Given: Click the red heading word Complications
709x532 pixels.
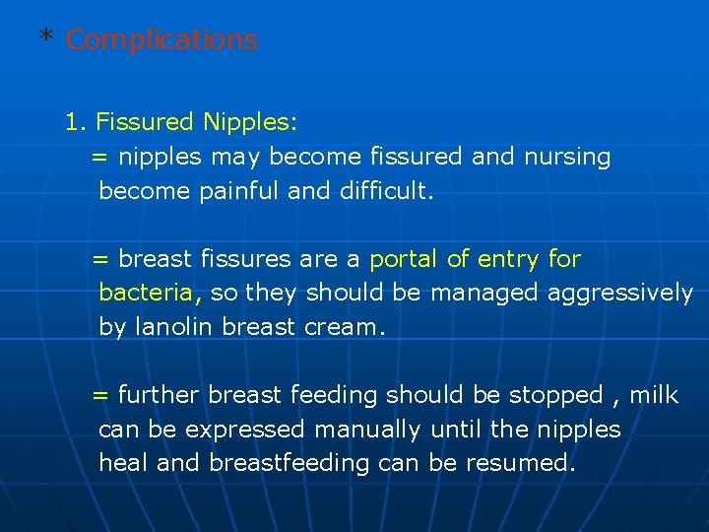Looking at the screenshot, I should pos(161,40).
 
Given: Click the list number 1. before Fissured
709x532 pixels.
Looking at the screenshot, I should pos(77,123).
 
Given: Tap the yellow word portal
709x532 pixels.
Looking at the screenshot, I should pos(404,259).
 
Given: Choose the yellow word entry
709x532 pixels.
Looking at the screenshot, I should pos(508,259).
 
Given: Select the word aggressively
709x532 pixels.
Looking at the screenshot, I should pos(619,293).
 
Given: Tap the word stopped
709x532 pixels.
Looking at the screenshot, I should pos(555,395).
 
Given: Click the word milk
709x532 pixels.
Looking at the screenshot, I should pos(654,395).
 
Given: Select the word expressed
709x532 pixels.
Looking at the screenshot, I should pos(245,430).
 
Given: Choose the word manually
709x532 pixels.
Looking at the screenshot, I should pos(367,430).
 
